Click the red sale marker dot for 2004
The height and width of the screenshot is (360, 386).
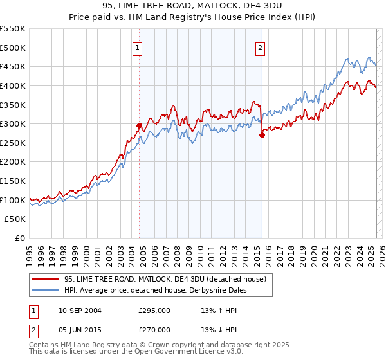coord(139,126)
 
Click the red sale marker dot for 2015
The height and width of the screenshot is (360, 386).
coord(262,135)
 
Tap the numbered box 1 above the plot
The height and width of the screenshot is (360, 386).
coord(138,47)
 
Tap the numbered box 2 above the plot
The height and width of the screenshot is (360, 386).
coord(261,47)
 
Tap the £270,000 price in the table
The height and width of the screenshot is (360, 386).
coord(154,329)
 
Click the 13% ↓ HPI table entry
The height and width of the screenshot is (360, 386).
coord(219,329)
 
